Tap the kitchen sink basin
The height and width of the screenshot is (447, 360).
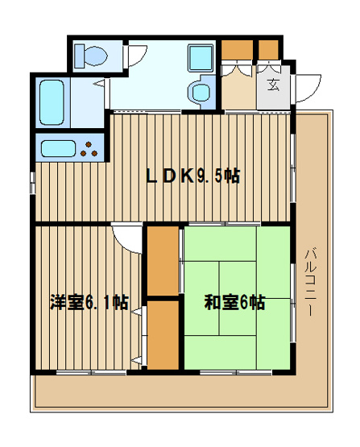(60, 148)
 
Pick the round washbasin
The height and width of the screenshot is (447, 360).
(199, 90)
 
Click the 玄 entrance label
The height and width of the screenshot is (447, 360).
(273, 85)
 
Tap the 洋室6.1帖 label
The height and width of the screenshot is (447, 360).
(89, 303)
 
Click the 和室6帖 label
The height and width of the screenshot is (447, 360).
(234, 303)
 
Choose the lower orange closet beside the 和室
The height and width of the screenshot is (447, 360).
(163, 333)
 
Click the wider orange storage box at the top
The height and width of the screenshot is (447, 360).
(237, 48)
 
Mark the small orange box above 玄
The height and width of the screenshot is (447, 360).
(268, 48)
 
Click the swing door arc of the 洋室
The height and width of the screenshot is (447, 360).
(127, 238)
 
